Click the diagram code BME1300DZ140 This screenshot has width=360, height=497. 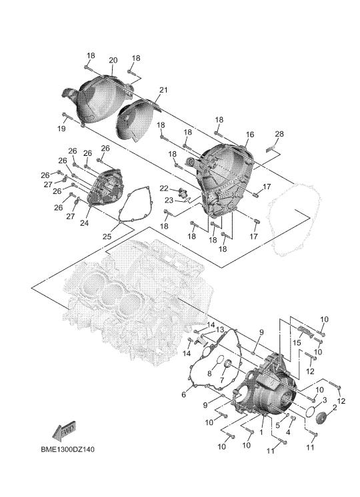pyautogui.click(x=67, y=450)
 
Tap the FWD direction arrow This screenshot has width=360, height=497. pyautogui.click(x=64, y=432)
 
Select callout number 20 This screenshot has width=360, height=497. pyautogui.click(x=113, y=60)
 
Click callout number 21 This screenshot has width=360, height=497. pyautogui.click(x=163, y=90)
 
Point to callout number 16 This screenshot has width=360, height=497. pyautogui.click(x=250, y=135)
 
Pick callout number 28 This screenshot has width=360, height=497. pyautogui.click(x=279, y=134)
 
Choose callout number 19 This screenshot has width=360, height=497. pyautogui.click(x=61, y=129)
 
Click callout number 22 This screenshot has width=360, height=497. pyautogui.click(x=163, y=189)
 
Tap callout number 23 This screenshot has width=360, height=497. pyautogui.click(x=169, y=201)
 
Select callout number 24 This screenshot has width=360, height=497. pyautogui.click(x=84, y=223)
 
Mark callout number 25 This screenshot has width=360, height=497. pyautogui.click(x=107, y=236)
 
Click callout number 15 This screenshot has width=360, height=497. pyautogui.click(x=297, y=343)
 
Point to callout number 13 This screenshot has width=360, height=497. pyautogui.click(x=220, y=329)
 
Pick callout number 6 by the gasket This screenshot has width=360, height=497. pyautogui.click(x=183, y=394)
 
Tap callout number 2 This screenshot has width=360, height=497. pyautogui.click(x=335, y=407)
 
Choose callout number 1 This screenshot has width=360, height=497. pyautogui.click(x=261, y=432)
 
